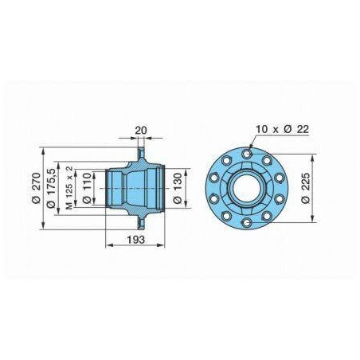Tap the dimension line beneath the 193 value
[135, 248]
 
